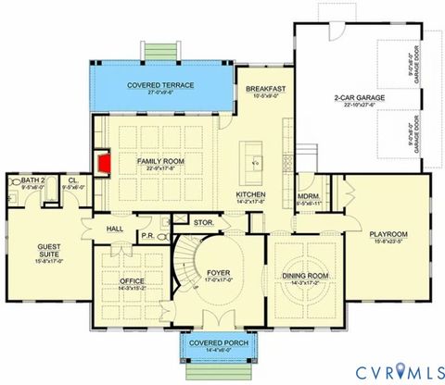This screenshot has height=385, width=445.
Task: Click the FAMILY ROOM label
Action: pyautogui.click(x=159, y=163)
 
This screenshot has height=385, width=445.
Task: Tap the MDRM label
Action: pyautogui.click(x=308, y=196)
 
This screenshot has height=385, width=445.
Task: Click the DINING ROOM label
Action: pyautogui.click(x=305, y=275)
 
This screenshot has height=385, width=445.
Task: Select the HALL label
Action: pyautogui.click(x=114, y=228)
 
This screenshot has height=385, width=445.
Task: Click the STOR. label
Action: pyautogui.click(x=204, y=223)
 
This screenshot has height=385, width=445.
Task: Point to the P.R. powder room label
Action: pyautogui.click(x=146, y=235)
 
